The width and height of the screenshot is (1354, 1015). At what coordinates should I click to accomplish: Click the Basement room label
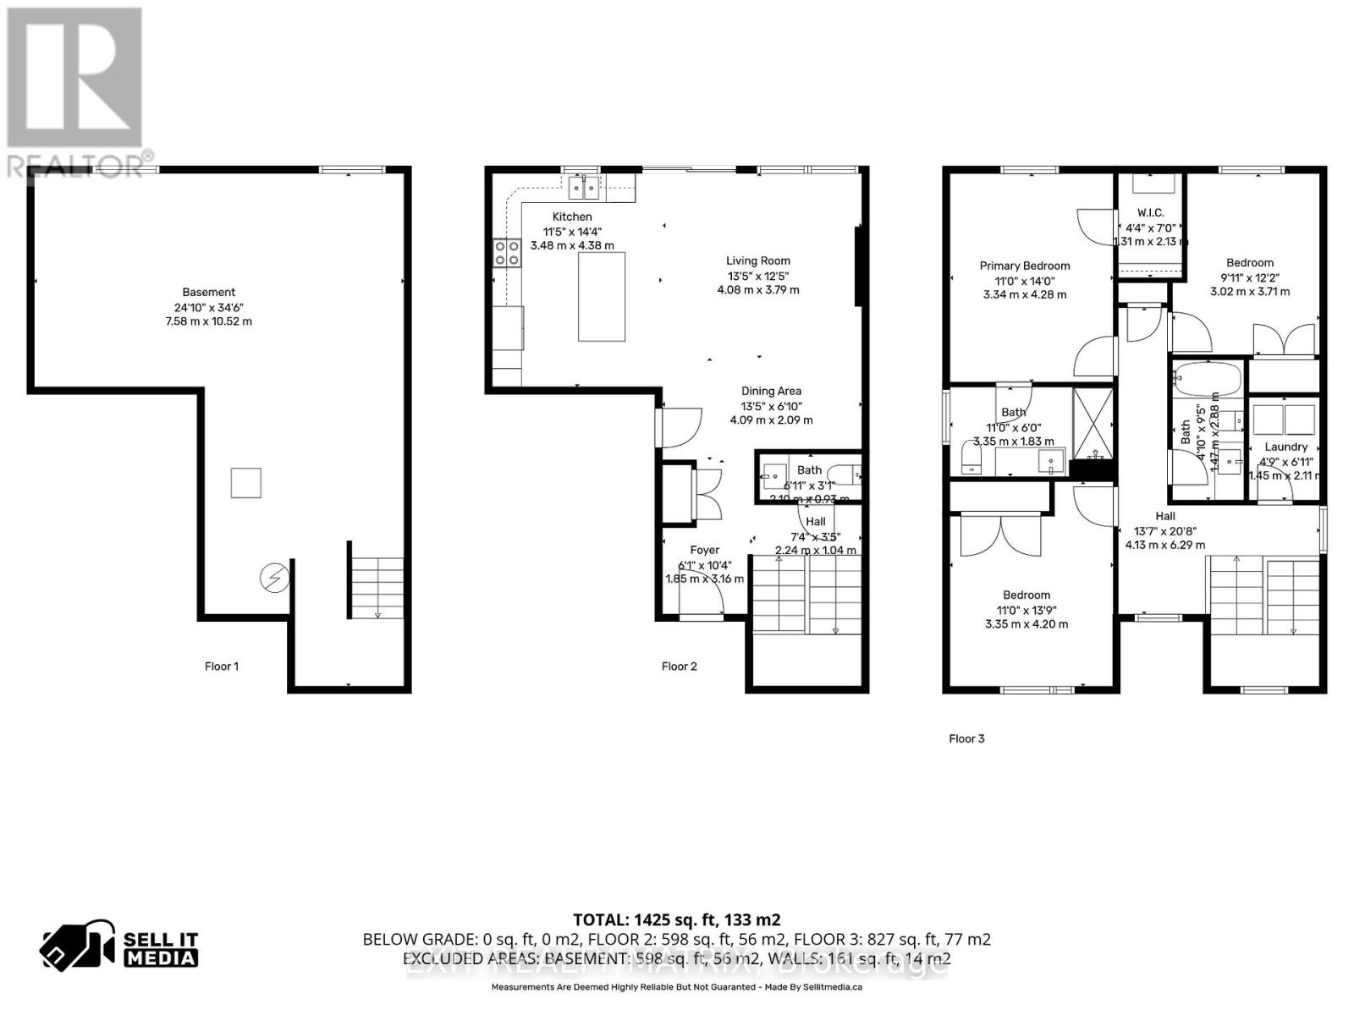(x=208, y=293)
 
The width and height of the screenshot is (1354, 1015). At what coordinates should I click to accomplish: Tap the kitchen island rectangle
(x=602, y=296)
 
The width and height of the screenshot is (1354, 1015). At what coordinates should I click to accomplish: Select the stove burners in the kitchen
(x=507, y=253)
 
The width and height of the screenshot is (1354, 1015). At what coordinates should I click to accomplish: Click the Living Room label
(x=757, y=261)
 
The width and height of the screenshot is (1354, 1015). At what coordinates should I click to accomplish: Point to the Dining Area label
(x=771, y=392)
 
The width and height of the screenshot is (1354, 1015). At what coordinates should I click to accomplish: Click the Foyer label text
(x=704, y=551)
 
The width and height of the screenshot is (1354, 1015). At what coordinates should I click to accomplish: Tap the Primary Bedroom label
(x=1025, y=266)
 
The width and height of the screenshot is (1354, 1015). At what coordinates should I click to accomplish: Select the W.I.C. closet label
(x=1150, y=213)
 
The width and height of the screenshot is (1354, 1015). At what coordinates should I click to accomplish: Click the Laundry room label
(x=1285, y=447)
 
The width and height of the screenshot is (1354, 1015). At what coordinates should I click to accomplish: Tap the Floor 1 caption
(x=222, y=667)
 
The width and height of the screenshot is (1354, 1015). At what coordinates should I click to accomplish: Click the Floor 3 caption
(x=966, y=739)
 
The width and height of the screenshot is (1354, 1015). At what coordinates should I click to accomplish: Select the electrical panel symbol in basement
(x=275, y=579)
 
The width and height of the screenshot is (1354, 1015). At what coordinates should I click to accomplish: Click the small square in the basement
(x=246, y=483)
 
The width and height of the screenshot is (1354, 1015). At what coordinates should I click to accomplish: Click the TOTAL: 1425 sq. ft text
(x=676, y=920)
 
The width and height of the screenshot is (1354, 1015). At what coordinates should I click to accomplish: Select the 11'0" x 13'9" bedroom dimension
(x=1027, y=610)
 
